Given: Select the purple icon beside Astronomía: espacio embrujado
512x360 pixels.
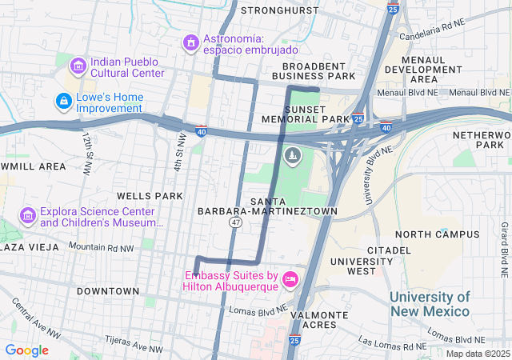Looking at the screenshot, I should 191,42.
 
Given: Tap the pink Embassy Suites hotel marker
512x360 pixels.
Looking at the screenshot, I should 290,280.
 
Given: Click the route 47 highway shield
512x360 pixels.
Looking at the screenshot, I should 235,222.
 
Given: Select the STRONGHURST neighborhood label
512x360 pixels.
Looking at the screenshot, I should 279,10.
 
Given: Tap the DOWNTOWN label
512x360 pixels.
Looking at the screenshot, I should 108,291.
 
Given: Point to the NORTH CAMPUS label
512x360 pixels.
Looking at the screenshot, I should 438,234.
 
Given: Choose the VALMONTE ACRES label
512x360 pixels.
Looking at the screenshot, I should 320,320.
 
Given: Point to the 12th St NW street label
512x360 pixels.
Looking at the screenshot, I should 85,148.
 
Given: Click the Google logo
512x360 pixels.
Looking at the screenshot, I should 26,350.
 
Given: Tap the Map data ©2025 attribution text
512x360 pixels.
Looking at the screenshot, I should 477,354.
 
